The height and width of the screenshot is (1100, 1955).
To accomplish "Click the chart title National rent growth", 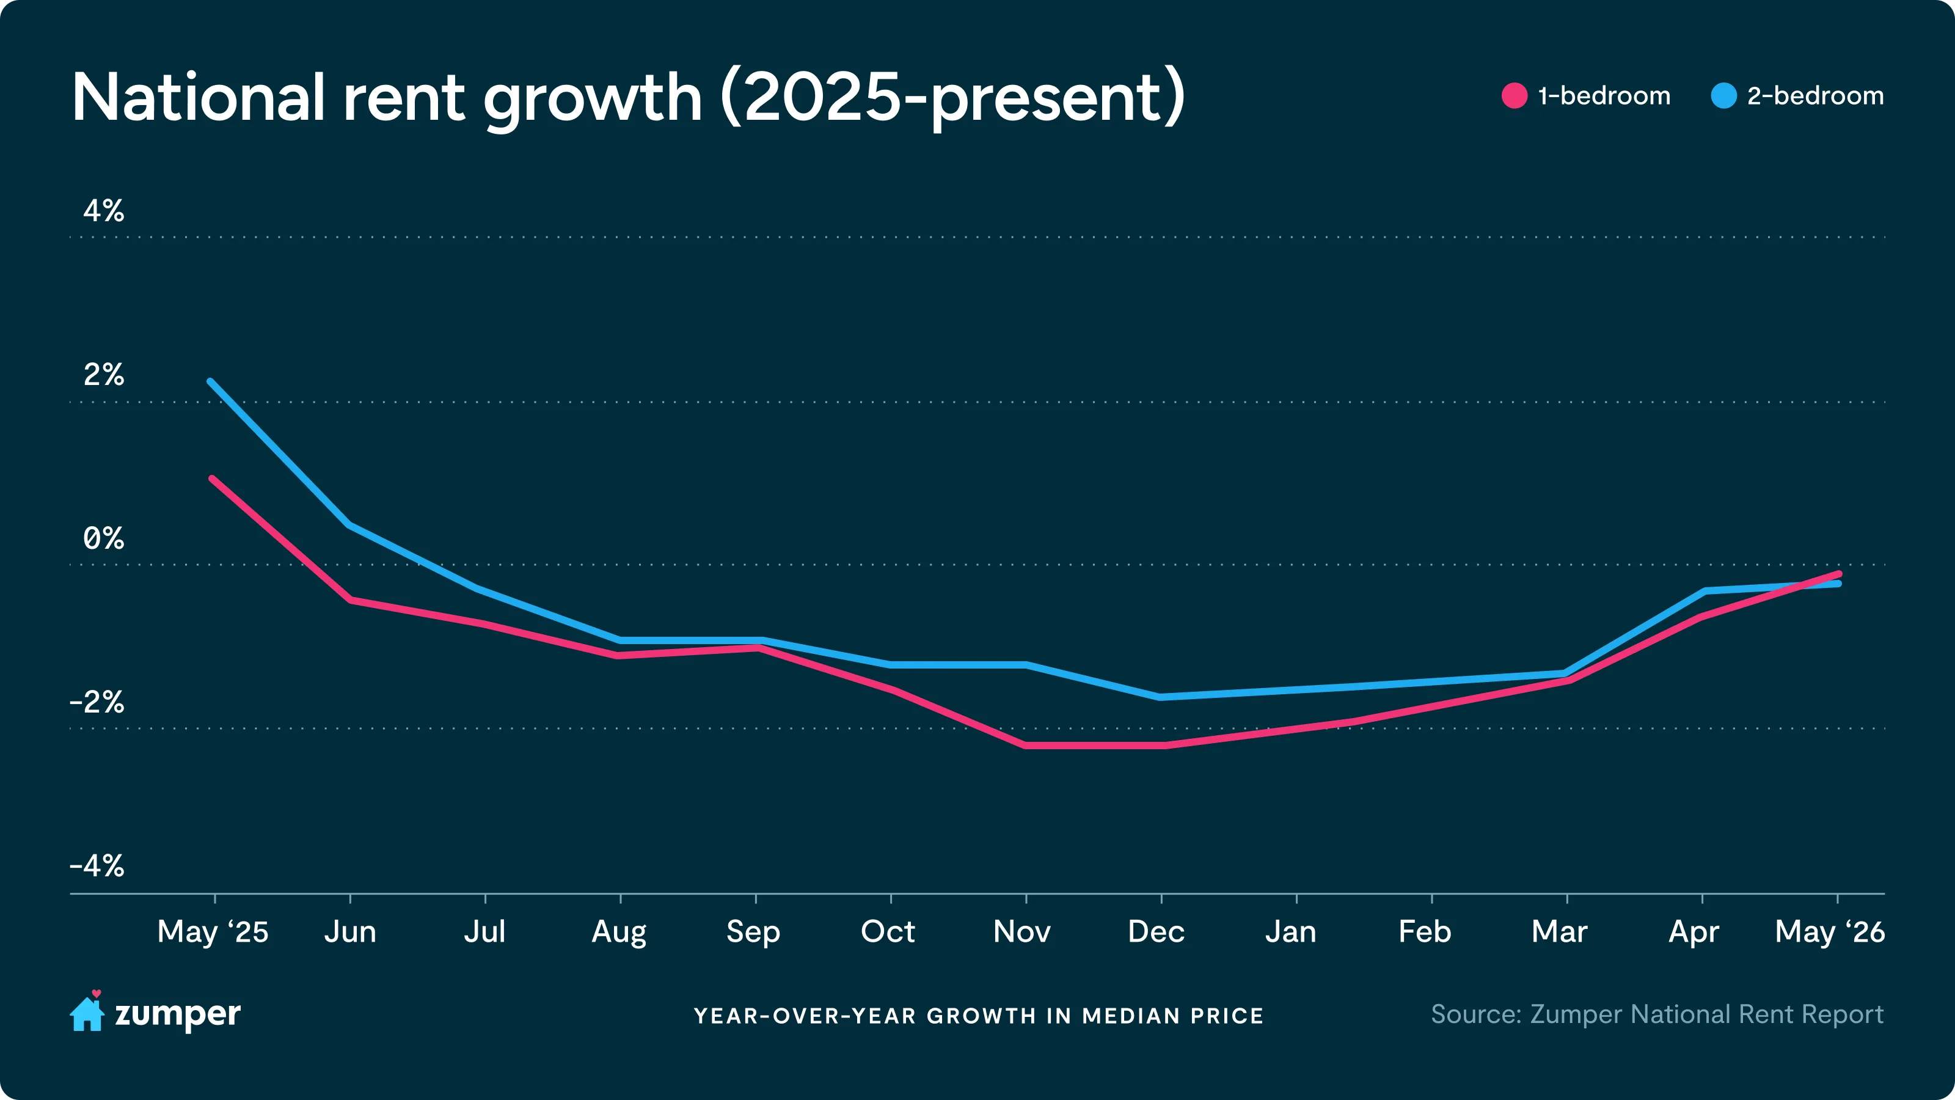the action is pos(629,98).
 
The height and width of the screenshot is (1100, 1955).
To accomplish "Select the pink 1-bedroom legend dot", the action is pos(1514,96).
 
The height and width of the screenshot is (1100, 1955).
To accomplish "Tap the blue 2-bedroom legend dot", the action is pos(1723,96).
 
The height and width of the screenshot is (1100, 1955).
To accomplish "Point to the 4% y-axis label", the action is pos(103,210).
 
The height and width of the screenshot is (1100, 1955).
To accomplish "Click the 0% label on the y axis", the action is pos(103,538).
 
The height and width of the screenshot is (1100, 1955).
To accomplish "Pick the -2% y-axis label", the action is pos(97,702).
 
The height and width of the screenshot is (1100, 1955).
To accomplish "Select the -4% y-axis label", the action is pos(97,865).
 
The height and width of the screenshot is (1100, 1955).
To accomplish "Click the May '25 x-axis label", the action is pos(213,932).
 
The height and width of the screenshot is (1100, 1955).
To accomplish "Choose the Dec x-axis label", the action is pos(1156,931).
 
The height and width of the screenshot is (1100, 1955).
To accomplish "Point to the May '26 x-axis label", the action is pos(1830,932).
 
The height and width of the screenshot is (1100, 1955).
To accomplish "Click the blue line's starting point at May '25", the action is pos(210,381).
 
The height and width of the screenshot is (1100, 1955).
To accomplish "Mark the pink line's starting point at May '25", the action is pos(213,479).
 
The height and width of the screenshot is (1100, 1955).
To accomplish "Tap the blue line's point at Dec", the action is pos(1160,697).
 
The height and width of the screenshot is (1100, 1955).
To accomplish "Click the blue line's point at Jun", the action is pos(349,524).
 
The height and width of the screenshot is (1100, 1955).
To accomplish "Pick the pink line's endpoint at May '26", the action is pos(1839,574).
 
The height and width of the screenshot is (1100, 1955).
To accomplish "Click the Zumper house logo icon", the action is pos(87,1011).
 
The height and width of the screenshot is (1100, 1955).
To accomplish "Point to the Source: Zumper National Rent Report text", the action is pos(1657,1014).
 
